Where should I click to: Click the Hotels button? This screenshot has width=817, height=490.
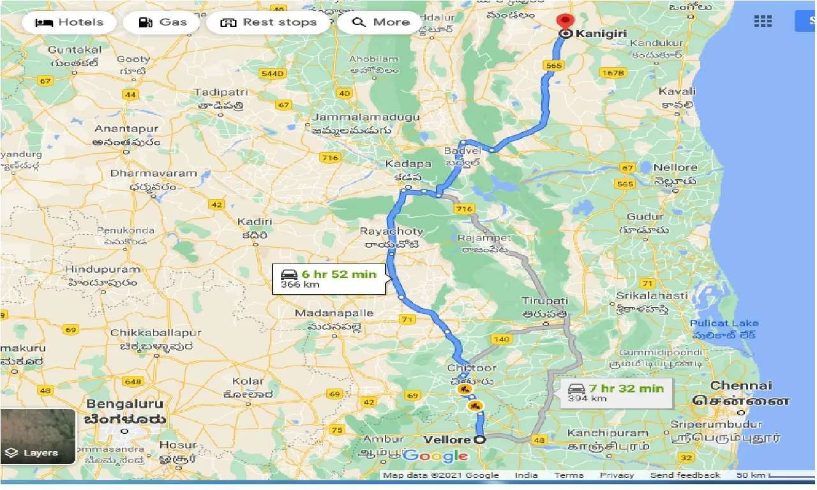pyautogui.click(x=69, y=22)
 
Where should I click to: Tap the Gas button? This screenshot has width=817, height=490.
pyautogui.click(x=164, y=22)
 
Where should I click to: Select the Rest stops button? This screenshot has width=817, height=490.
pyautogui.click(x=268, y=22)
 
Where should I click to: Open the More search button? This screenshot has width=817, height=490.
pyautogui.click(x=380, y=22)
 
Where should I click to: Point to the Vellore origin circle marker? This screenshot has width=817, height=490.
pyautogui.click(x=479, y=440)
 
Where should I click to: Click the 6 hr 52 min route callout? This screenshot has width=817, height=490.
pyautogui.click(x=329, y=279)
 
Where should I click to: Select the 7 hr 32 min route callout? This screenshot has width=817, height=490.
pyautogui.click(x=616, y=392)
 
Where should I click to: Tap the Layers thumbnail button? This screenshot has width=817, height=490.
pyautogui.click(x=38, y=436)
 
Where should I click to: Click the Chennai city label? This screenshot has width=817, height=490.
pyautogui.click(x=741, y=385)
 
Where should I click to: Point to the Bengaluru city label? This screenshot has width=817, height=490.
pyautogui.click(x=125, y=404)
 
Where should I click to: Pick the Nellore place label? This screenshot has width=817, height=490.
pyautogui.click(x=675, y=167)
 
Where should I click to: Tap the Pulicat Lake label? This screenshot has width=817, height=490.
pyautogui.click(x=724, y=323)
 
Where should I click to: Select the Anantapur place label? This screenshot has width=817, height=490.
pyautogui.click(x=126, y=129)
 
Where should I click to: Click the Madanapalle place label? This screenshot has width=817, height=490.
pyautogui.click(x=334, y=313)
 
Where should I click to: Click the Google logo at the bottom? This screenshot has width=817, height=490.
pyautogui.click(x=436, y=456)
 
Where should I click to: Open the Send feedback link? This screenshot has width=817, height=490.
pyautogui.click(x=685, y=475)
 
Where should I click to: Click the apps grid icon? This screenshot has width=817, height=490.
pyautogui.click(x=763, y=21)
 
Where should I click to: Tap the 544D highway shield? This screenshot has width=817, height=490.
pyautogui.click(x=273, y=74)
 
